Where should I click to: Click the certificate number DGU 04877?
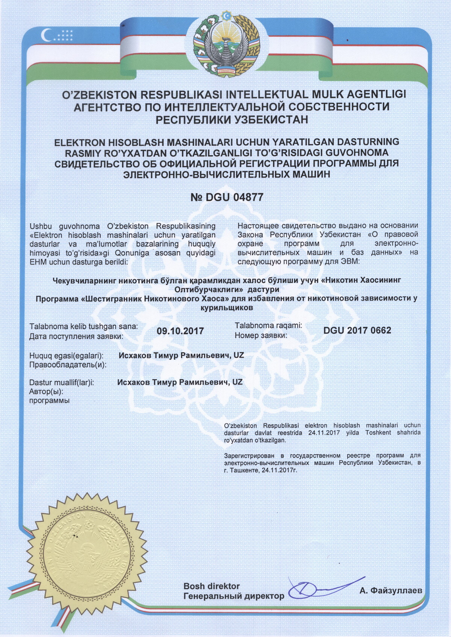pos(227,197)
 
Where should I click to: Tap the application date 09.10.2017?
pos(180,331)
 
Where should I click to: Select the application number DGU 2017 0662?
pos(357,330)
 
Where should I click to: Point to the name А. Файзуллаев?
pos(390,591)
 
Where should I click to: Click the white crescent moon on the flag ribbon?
pos(46,35)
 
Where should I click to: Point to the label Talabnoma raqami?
pos(268,326)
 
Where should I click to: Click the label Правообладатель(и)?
pos(68,364)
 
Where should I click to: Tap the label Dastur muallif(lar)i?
pos(62,383)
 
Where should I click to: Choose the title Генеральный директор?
pos(234,596)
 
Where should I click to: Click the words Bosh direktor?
pos(211,586)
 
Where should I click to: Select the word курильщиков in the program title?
pos(227,308)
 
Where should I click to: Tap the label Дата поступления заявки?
pos(76,336)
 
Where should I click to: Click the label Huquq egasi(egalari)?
pos(66,355)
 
